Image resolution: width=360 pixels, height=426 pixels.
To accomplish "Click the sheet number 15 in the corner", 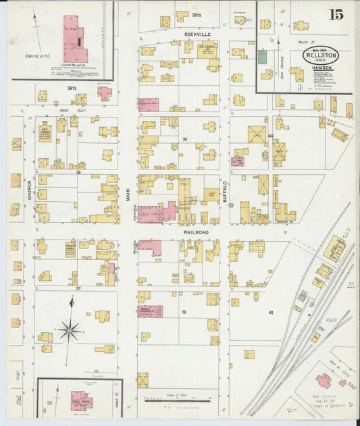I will coord(336,14).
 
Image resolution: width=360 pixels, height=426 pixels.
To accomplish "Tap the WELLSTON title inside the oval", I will coord(321,54).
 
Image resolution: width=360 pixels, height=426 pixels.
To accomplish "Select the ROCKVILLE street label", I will coord(199,33).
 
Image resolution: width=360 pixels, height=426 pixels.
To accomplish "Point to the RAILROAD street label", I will coord(195,232).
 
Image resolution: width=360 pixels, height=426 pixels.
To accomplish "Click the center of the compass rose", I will coord(70,331).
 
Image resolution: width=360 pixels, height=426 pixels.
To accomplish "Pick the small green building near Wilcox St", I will coord(262,57).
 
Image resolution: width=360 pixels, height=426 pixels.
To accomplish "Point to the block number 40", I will coord(271,136).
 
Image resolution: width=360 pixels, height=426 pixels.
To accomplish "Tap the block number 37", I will coord(78,288).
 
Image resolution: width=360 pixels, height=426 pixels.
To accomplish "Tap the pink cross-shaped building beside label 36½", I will coord(104,92).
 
